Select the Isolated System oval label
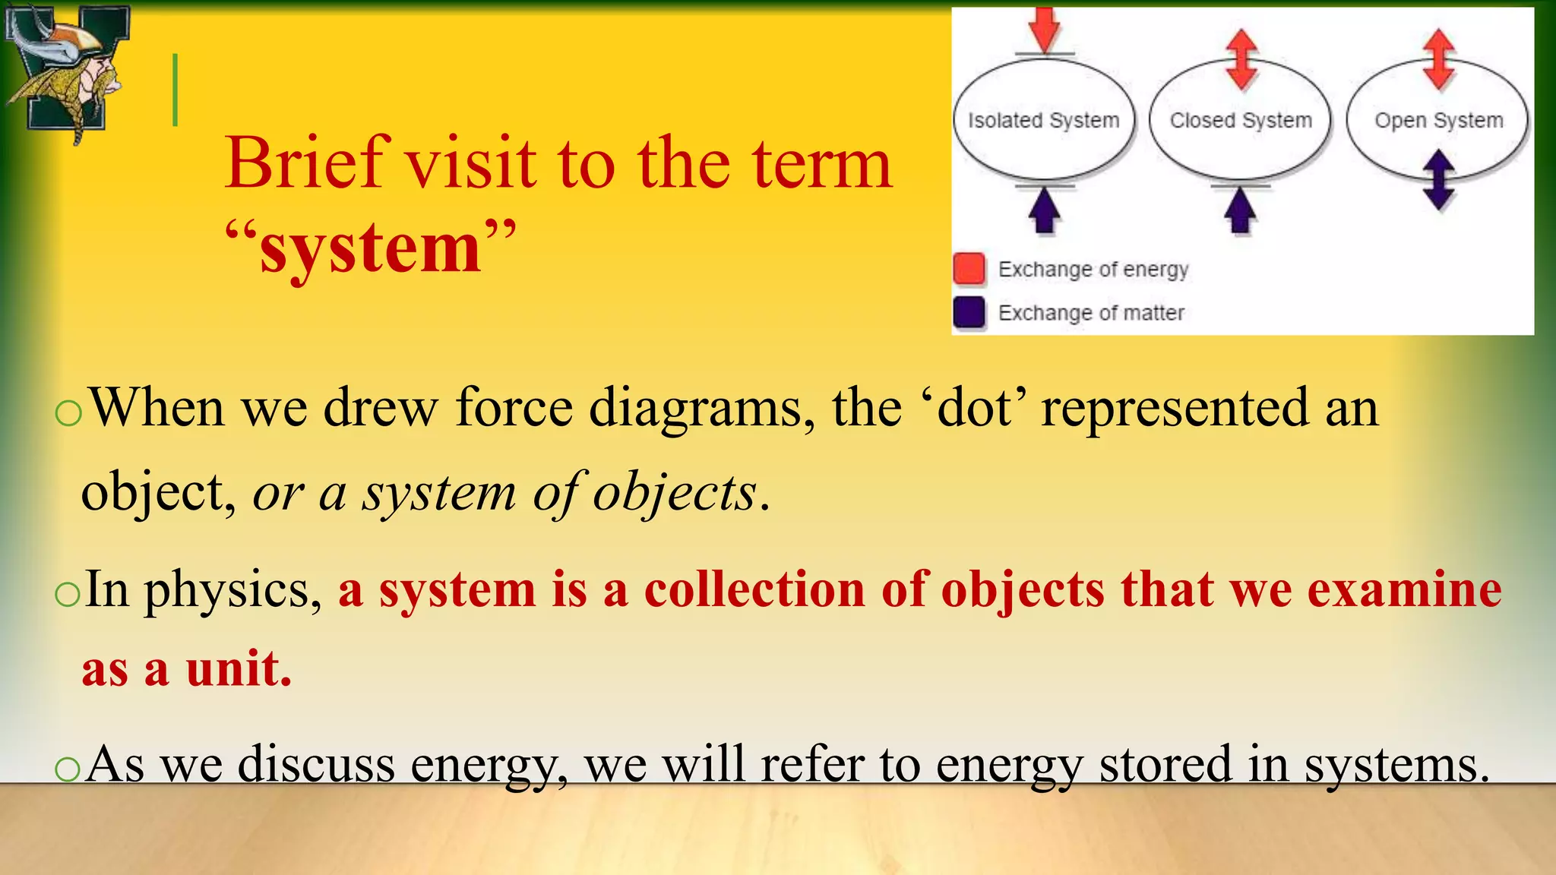pos(1043,121)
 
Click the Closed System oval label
pos(1241,121)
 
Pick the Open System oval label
pos(1438,121)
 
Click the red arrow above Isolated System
pos(1045,29)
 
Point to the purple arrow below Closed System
pos(1241,210)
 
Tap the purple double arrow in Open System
pos(1438,180)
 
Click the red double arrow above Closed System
pos(1241,59)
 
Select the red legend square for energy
pos(969,269)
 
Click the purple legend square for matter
pos(969,312)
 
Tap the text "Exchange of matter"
pos(1091,313)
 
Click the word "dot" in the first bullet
pos(975,409)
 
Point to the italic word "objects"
pos(674,494)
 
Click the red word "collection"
pos(754,590)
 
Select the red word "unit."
pos(239,670)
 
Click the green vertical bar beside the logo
pos(176,90)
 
